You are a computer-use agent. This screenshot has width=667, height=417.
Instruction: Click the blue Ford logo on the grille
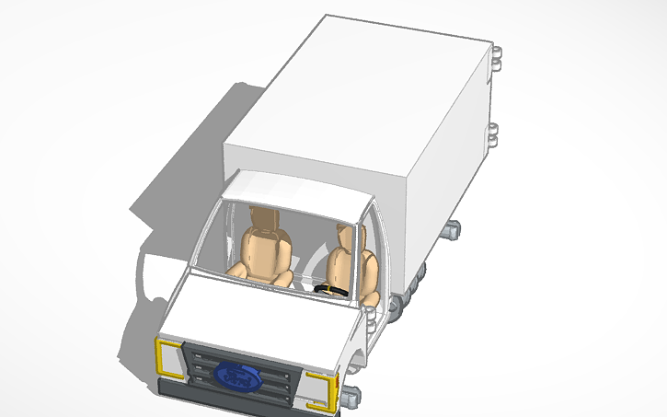[237, 374]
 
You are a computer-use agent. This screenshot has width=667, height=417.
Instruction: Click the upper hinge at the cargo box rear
[497, 57]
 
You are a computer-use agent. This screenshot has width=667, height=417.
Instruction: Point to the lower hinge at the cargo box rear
[494, 134]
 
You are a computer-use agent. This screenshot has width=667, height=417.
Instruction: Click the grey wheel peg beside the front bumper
[351, 398]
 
